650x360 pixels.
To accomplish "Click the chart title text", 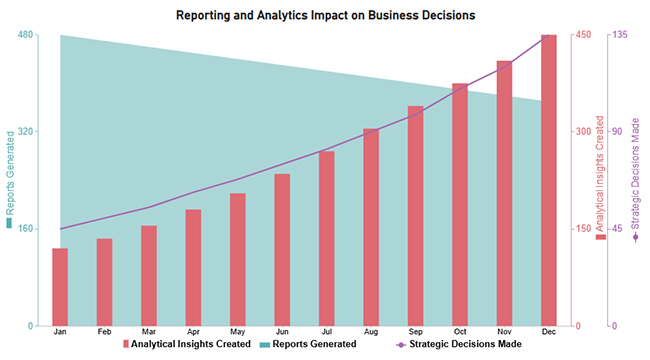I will pyautogui.click(x=325, y=15).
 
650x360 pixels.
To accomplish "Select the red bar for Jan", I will pyautogui.click(x=60, y=287).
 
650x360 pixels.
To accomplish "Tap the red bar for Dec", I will pyautogui.click(x=549, y=181).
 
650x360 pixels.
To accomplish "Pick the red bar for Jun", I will pyautogui.click(x=282, y=250).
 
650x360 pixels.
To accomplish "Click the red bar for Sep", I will pyautogui.click(x=415, y=216).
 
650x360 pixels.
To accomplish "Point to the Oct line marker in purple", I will pyautogui.click(x=460, y=87).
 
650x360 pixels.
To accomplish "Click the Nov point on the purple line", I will pyautogui.click(x=505, y=63).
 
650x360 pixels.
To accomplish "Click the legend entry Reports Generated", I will pyautogui.click(x=308, y=344).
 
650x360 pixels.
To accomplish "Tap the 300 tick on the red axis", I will pyautogui.click(x=583, y=132).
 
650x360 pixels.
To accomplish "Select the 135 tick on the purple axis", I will pyautogui.click(x=619, y=35).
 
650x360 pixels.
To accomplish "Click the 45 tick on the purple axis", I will pyautogui.click(x=617, y=229).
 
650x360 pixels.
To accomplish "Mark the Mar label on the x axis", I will pyautogui.click(x=149, y=331).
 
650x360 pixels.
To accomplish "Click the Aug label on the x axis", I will pyautogui.click(x=371, y=331).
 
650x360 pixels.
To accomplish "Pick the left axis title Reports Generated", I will pyautogui.click(x=10, y=180).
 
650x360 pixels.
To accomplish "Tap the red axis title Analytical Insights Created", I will pyautogui.click(x=601, y=180).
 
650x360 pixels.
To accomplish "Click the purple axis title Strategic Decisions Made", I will pyautogui.click(x=636, y=180).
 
